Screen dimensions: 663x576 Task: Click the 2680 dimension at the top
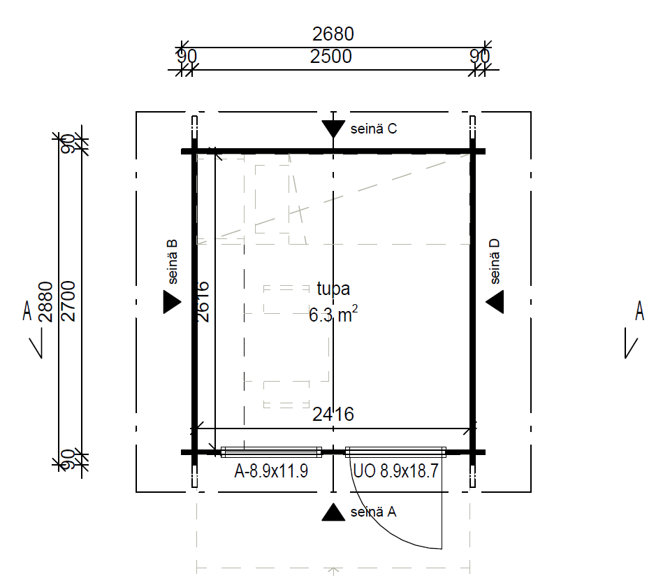click(333, 34)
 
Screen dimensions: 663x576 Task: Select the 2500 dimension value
click(331, 57)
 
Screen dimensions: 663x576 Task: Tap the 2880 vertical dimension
click(45, 302)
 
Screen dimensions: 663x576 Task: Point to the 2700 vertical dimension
click(68, 301)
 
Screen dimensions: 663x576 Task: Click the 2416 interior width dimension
click(333, 415)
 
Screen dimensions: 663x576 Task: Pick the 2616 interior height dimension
click(203, 302)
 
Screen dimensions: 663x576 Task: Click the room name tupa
click(334, 289)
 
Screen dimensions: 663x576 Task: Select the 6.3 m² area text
click(334, 315)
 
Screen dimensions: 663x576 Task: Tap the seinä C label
click(374, 129)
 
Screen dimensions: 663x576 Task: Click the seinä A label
click(373, 512)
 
